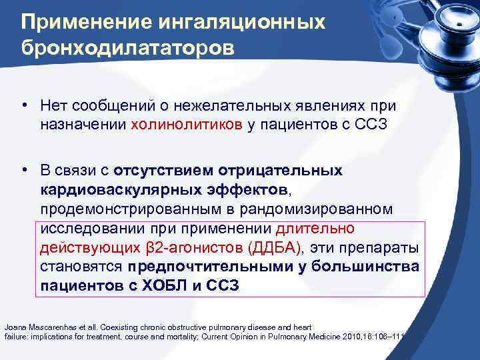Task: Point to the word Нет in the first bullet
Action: click(51, 107)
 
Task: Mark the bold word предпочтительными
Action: click(204, 268)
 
